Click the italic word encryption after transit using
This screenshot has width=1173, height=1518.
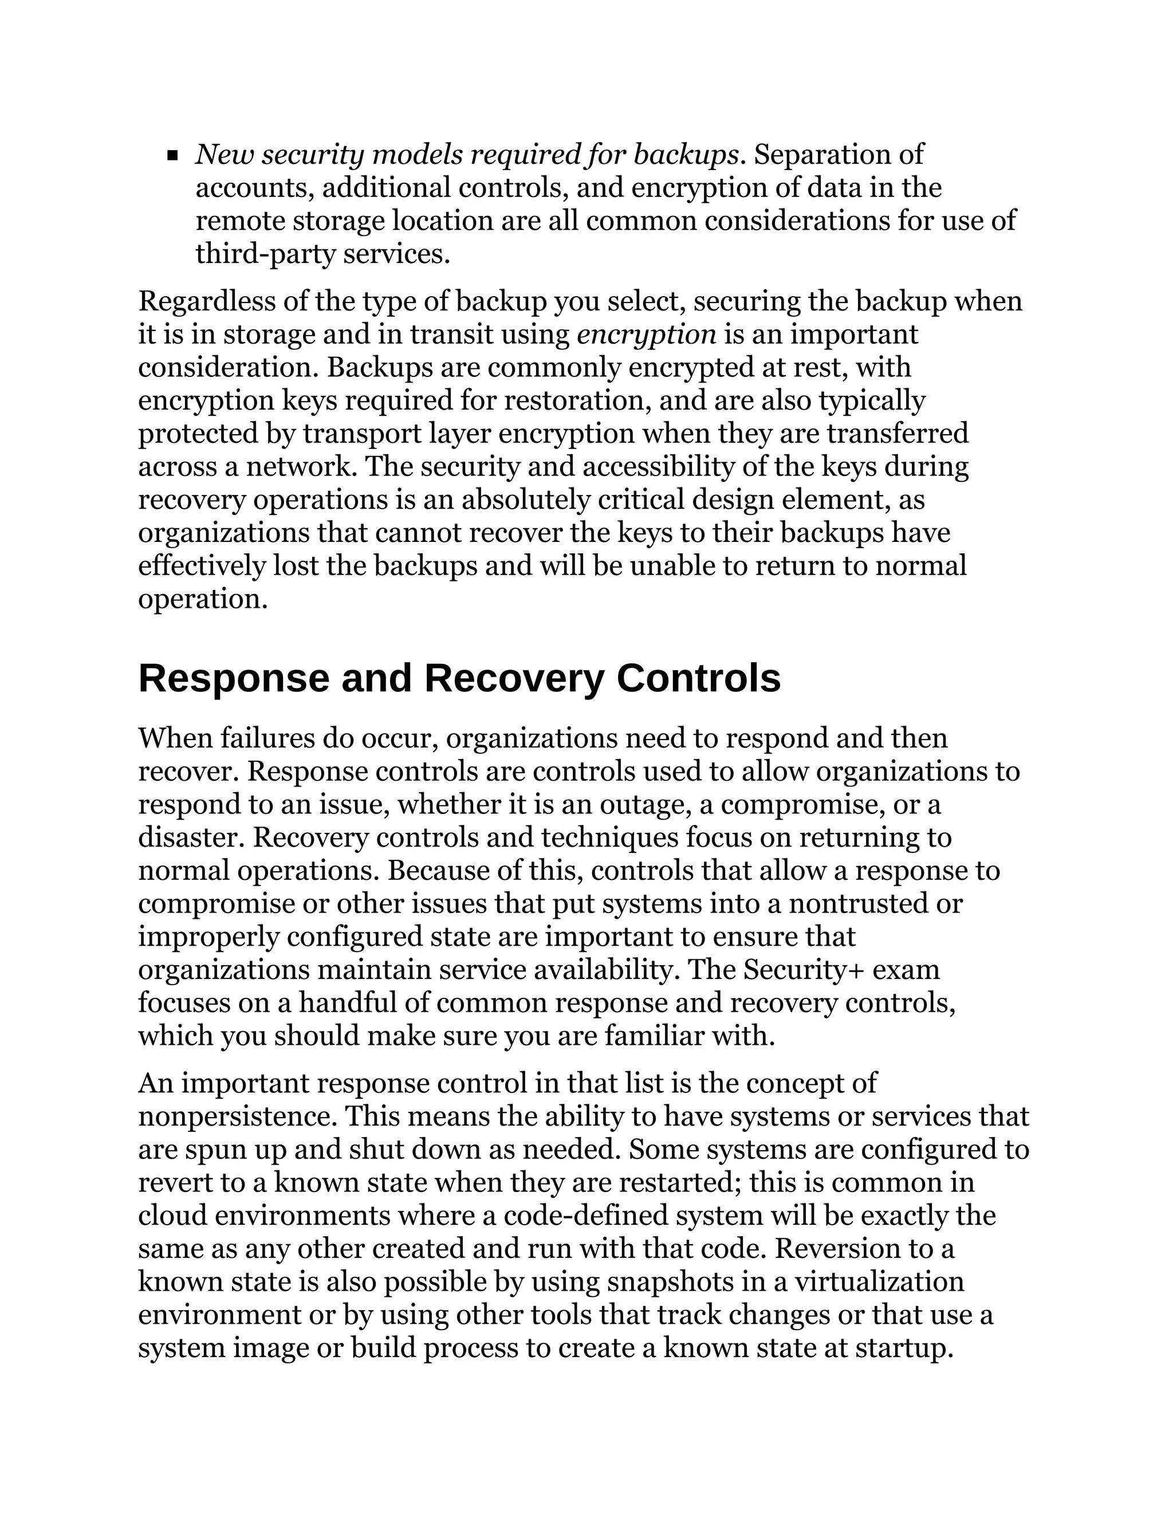[646, 335]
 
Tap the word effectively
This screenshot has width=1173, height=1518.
[202, 567]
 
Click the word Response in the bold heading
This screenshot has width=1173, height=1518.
[234, 679]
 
